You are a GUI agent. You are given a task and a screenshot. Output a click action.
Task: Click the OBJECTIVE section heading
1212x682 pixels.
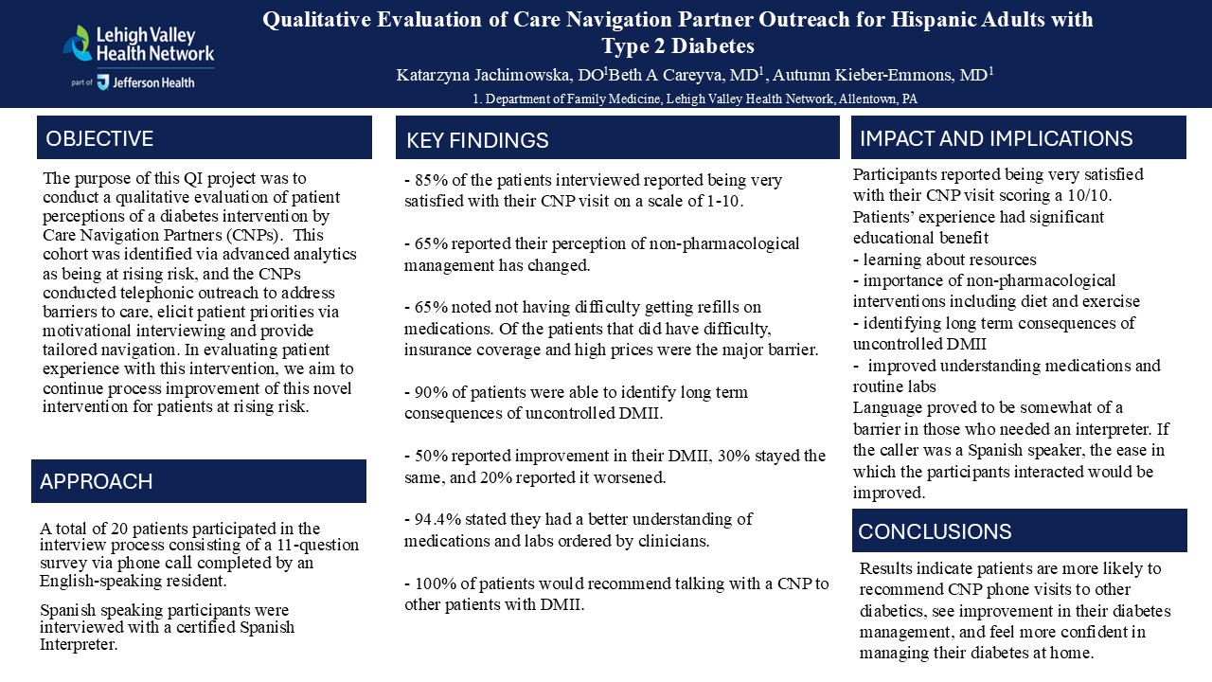(99, 138)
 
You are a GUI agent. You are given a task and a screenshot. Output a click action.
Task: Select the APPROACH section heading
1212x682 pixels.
(97, 482)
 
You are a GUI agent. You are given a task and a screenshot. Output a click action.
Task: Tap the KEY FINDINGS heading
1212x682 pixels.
(477, 140)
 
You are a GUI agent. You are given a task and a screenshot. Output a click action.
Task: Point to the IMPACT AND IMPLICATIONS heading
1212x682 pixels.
(996, 138)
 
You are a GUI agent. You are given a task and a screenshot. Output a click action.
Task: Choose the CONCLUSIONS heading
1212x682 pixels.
(935, 531)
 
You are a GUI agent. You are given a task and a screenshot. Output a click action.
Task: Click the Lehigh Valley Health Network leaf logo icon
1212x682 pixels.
(78, 43)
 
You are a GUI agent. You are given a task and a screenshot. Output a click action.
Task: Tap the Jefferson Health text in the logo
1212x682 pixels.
(153, 82)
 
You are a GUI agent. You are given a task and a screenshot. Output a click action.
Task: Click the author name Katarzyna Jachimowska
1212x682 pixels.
(482, 75)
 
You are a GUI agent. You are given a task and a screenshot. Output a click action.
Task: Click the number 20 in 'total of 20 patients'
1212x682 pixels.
(119, 529)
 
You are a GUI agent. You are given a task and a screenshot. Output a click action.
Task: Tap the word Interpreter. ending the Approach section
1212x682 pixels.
(79, 645)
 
